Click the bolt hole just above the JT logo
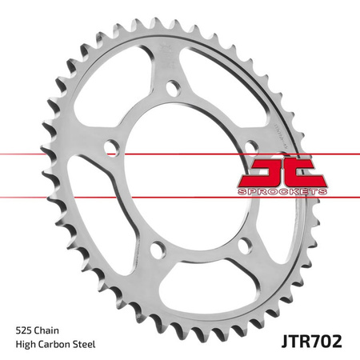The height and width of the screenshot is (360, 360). (x=250, y=145)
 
